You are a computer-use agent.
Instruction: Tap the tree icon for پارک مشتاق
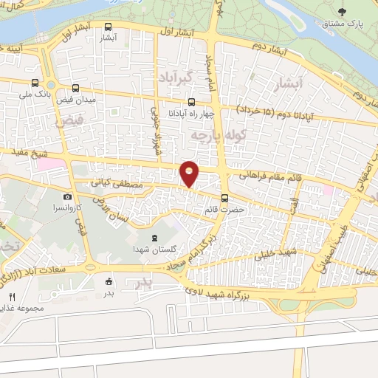click(x=341, y=12)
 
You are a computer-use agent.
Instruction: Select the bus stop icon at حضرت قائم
click(x=225, y=197)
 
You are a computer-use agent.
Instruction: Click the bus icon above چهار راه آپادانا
click(x=191, y=102)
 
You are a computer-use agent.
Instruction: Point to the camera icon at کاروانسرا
click(x=68, y=197)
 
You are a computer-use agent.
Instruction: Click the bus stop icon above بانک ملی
click(x=35, y=83)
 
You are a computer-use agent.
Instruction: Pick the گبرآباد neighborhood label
click(x=176, y=77)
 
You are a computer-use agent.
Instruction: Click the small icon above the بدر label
click(x=110, y=281)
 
